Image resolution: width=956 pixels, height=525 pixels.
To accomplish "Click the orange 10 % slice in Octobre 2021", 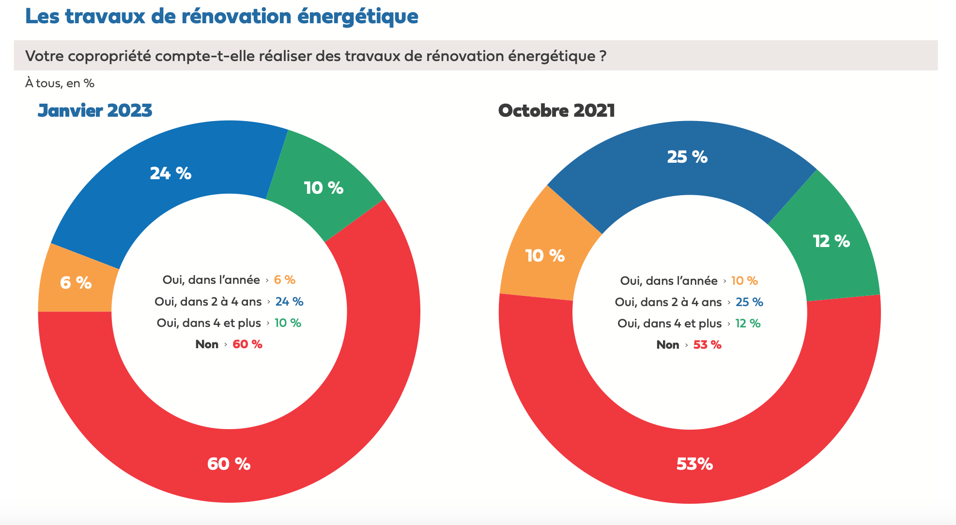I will click(x=545, y=255).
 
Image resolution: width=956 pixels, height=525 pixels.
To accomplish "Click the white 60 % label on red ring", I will click(x=229, y=463).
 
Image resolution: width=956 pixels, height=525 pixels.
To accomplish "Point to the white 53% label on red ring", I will click(x=694, y=463).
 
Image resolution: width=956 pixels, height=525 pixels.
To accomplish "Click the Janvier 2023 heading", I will click(x=95, y=110).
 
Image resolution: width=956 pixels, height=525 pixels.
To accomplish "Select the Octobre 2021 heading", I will click(x=556, y=110).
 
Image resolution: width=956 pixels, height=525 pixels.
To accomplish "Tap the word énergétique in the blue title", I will click(x=357, y=16).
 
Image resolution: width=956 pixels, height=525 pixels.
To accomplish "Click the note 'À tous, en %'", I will click(x=60, y=83).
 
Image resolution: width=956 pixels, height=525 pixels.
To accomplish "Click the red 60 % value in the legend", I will click(x=247, y=344).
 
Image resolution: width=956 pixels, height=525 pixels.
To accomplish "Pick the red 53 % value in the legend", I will click(x=707, y=345).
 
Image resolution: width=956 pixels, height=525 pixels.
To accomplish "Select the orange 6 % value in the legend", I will click(x=285, y=280).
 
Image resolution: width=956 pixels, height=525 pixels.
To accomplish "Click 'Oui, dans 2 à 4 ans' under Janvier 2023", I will click(x=208, y=302).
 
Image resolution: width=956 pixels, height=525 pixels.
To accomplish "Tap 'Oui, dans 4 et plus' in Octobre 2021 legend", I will click(x=669, y=324).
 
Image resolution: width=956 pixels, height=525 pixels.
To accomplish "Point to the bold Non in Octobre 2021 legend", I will click(x=667, y=345).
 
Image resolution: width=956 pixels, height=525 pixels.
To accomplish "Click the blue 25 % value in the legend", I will click(x=749, y=302).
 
